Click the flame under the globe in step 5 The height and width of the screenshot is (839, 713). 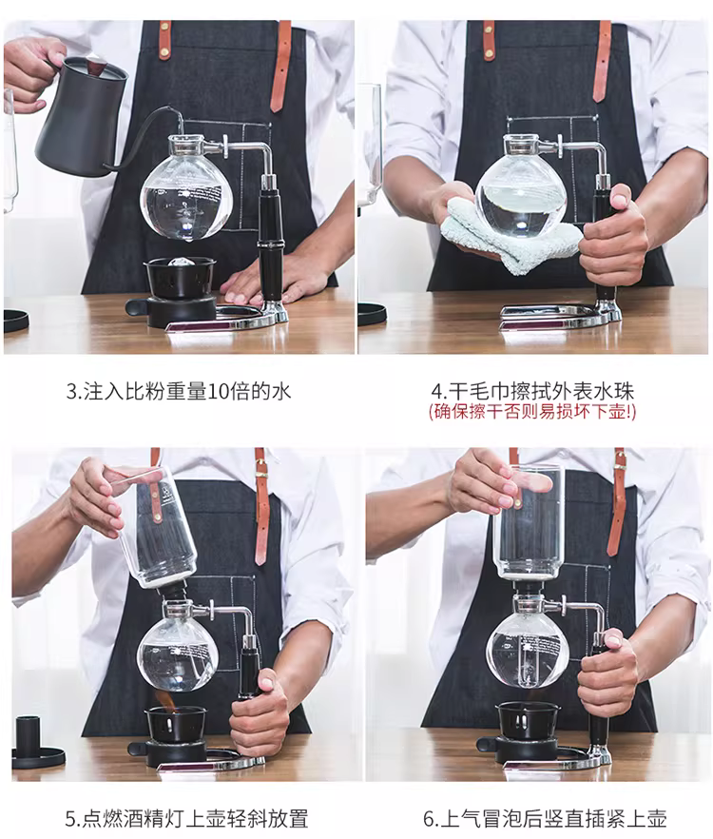(x=164, y=698)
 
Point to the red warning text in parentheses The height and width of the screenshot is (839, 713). (x=532, y=412)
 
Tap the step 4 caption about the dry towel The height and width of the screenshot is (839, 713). (x=532, y=391)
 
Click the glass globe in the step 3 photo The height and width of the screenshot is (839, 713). (x=181, y=195)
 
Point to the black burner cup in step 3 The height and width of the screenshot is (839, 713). (x=180, y=277)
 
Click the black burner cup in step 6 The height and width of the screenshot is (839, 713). (x=527, y=721)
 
